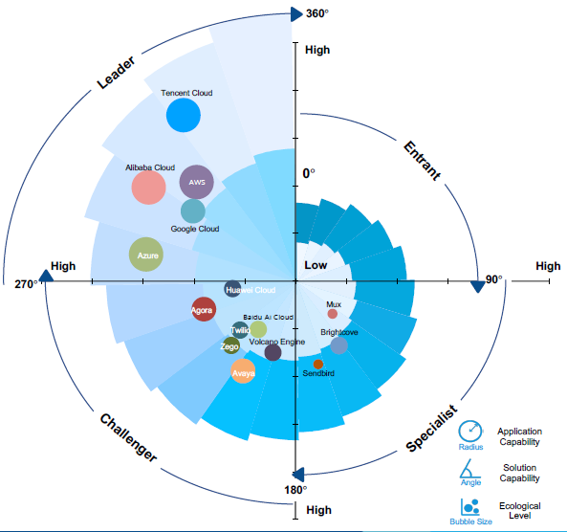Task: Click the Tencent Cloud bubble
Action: pyautogui.click(x=184, y=115)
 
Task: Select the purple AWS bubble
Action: pyautogui.click(x=197, y=182)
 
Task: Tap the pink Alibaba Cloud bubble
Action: pyautogui.click(x=148, y=188)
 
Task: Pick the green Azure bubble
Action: pyautogui.click(x=146, y=255)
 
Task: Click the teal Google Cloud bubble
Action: pyautogui.click(x=193, y=211)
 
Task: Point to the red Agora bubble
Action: pyautogui.click(x=204, y=309)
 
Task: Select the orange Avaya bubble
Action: pyautogui.click(x=243, y=371)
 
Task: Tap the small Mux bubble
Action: pyautogui.click(x=333, y=314)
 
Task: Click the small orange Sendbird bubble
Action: pyautogui.click(x=318, y=365)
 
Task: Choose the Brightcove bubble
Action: pyautogui.click(x=339, y=345)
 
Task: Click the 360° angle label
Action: pyautogui.click(x=317, y=13)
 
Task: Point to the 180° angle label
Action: pyautogui.click(x=295, y=490)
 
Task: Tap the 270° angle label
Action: pyautogui.click(x=26, y=284)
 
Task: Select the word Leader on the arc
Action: pyautogui.click(x=116, y=73)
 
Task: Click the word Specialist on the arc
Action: pyautogui.click(x=432, y=428)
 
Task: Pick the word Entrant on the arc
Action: pyautogui.click(x=422, y=161)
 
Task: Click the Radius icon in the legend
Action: pyautogui.click(x=470, y=431)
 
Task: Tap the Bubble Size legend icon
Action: pyautogui.click(x=470, y=507)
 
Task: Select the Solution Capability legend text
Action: pyautogui.click(x=519, y=473)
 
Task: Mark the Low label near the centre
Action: pyautogui.click(x=316, y=265)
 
